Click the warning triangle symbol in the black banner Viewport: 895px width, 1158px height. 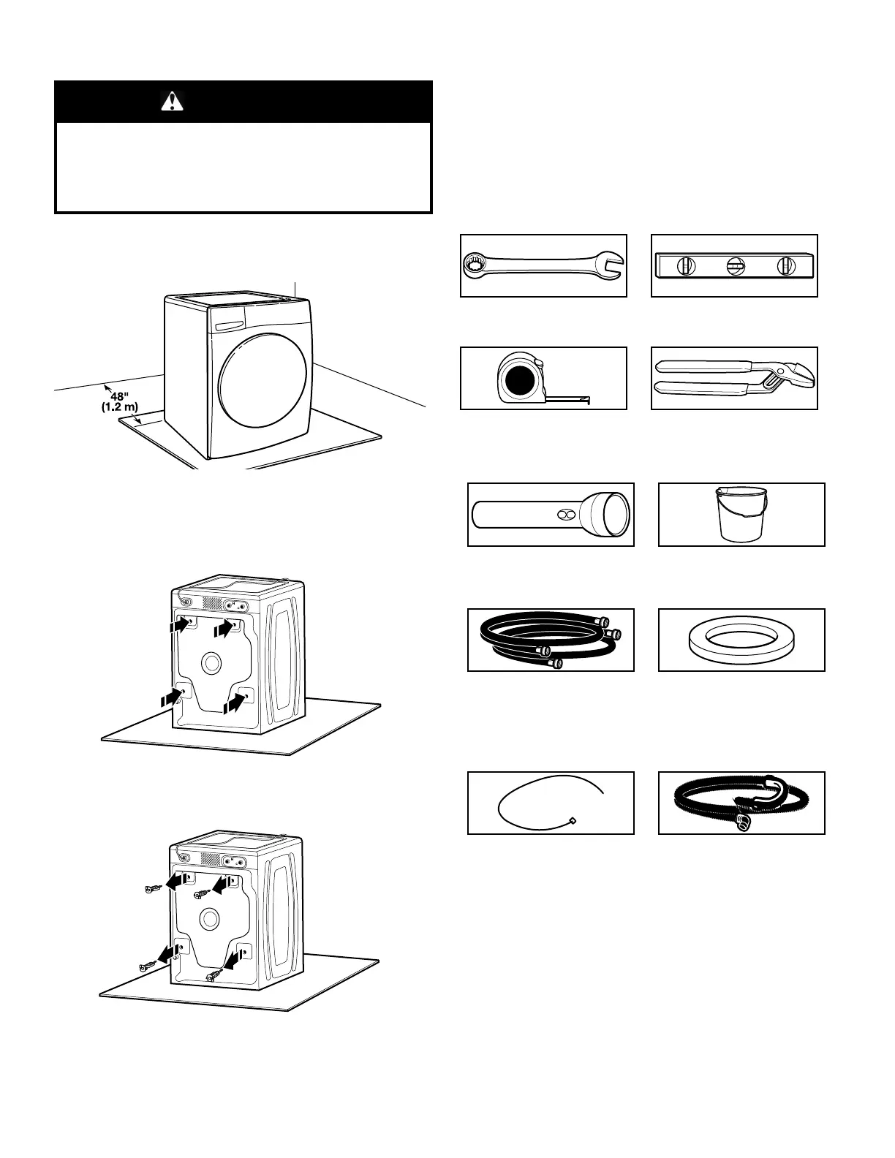pos(172,101)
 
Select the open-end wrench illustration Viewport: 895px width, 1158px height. pos(543,265)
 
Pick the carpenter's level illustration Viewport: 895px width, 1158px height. pos(734,266)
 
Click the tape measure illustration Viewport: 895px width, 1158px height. pos(543,379)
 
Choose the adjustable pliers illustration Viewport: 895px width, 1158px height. pos(734,378)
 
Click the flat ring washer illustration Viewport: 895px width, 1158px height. pos(741,640)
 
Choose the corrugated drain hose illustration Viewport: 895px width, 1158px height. pos(741,803)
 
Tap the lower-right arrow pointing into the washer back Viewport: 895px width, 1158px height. pos(234,703)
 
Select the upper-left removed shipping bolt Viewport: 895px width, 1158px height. pos(152,889)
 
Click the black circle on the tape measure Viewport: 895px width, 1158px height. pos(520,380)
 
